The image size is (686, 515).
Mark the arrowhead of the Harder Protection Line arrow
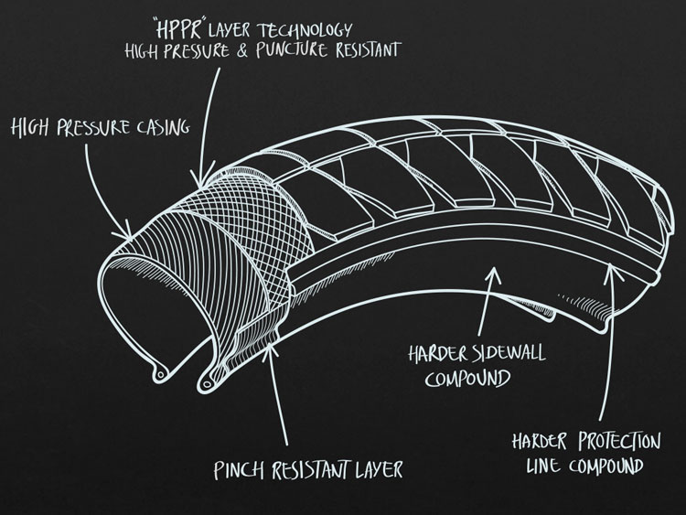611,266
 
